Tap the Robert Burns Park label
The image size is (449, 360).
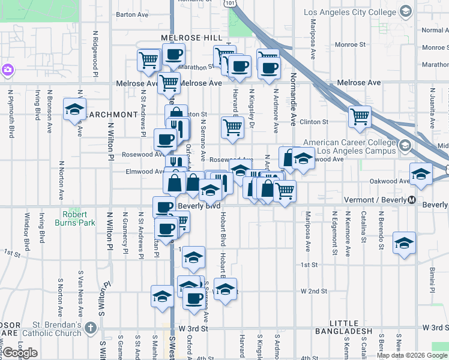[x=78, y=218]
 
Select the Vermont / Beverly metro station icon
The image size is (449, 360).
[x=412, y=200]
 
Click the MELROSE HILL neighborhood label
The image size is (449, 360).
[x=187, y=37]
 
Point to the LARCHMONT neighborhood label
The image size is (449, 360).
[x=112, y=114]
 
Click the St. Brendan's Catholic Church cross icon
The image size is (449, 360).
[x=91, y=328]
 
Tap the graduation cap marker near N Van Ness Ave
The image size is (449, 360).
[x=74, y=109]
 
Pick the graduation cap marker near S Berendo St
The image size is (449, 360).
[x=404, y=243]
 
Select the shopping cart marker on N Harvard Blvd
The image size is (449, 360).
[x=232, y=127]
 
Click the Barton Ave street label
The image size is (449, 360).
[x=132, y=14]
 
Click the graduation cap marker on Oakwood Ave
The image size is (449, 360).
[x=421, y=175]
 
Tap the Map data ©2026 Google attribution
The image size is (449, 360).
[x=411, y=355]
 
